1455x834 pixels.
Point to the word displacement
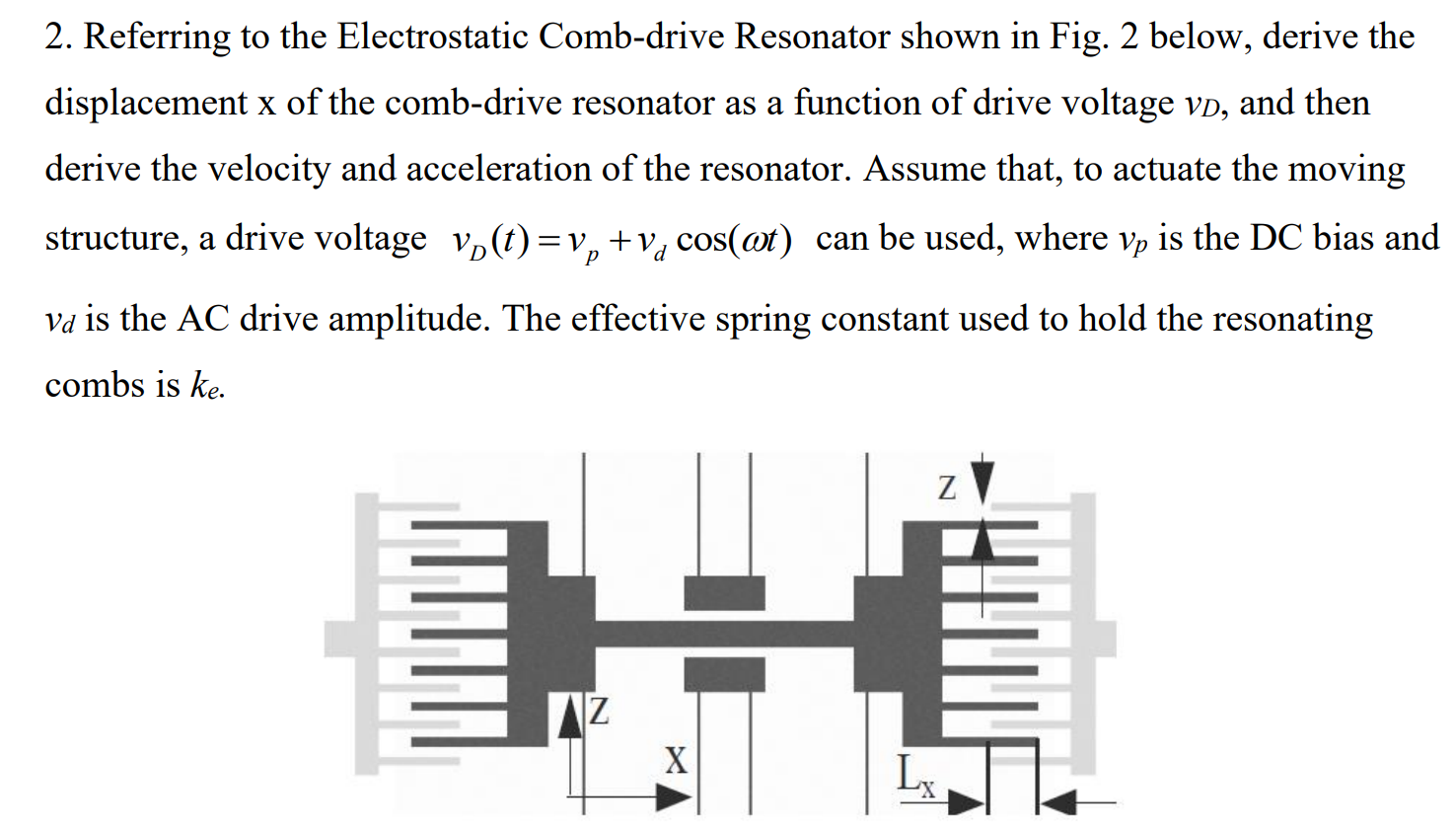pos(145,103)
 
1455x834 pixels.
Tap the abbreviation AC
pos(203,319)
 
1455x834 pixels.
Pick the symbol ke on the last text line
pos(207,385)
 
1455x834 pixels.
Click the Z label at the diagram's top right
pos(946,488)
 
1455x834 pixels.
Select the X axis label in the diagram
pos(675,760)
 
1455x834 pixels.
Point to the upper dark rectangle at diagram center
pos(724,592)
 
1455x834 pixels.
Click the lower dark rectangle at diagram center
pos(724,674)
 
